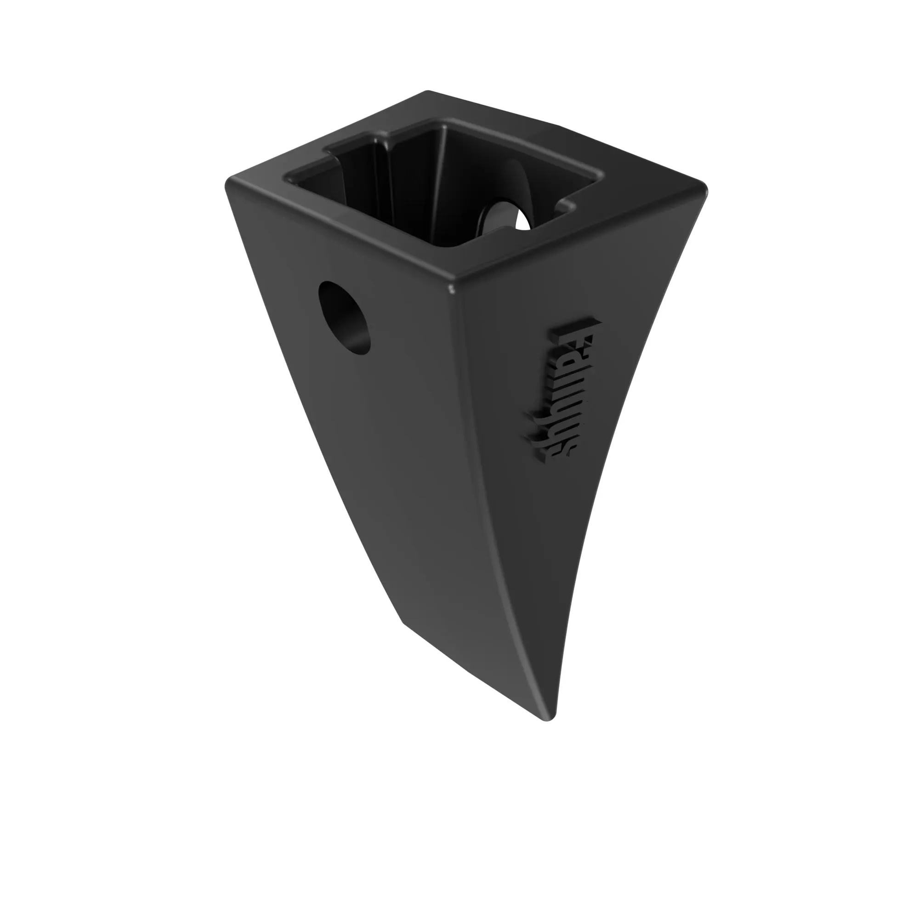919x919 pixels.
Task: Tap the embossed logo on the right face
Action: [565, 390]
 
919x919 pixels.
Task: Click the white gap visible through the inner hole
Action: [523, 221]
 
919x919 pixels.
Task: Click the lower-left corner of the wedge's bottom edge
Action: [403, 621]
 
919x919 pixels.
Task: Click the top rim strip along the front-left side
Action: [333, 228]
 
